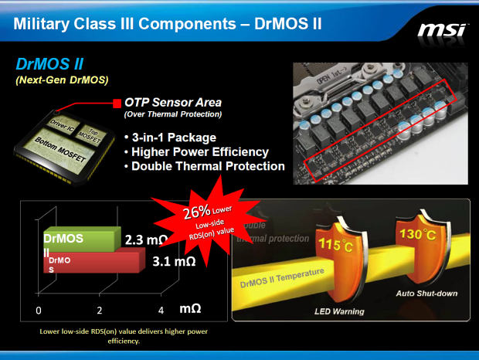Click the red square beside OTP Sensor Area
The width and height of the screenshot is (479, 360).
click(117, 103)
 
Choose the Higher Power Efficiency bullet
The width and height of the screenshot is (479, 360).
click(200, 152)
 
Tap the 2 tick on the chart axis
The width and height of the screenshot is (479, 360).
click(100, 310)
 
